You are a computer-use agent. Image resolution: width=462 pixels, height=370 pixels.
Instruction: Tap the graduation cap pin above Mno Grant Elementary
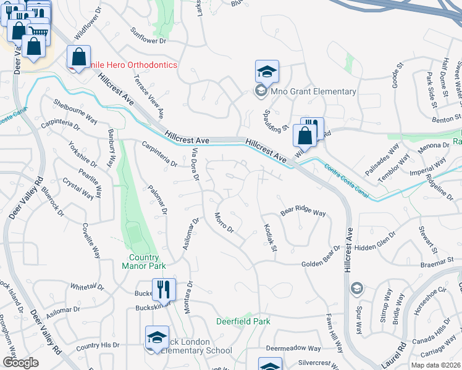click(x=267, y=72)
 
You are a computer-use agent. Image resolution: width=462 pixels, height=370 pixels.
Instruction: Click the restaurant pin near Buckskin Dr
click(x=164, y=289)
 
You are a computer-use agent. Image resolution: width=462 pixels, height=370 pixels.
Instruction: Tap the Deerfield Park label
click(x=243, y=321)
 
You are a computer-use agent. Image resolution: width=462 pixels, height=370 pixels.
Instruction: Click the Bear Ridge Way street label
click(x=303, y=213)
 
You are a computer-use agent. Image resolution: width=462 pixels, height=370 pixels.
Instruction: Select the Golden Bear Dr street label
click(x=321, y=265)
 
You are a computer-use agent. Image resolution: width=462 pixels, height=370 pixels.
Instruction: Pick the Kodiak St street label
click(x=270, y=237)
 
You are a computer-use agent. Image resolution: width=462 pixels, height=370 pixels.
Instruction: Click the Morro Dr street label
click(x=223, y=223)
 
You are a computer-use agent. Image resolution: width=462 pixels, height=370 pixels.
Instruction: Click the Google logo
click(x=20, y=362)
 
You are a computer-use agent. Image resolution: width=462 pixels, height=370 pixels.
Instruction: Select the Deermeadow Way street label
click(x=294, y=348)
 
